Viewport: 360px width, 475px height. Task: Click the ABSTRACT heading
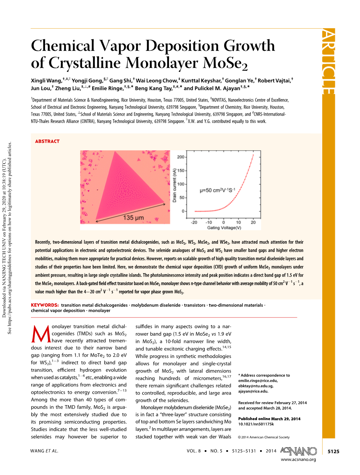point(47,141)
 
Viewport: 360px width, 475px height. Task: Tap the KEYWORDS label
point(45,305)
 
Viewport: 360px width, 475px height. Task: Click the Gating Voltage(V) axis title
point(224,228)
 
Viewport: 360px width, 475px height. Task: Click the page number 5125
point(333,451)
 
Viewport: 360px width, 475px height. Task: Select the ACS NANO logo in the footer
point(298,451)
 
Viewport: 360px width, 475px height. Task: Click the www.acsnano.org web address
point(298,459)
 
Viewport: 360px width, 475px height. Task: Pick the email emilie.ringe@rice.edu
point(258,380)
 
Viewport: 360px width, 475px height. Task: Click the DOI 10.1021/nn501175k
point(256,424)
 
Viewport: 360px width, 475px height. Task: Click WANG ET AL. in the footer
point(44,451)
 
